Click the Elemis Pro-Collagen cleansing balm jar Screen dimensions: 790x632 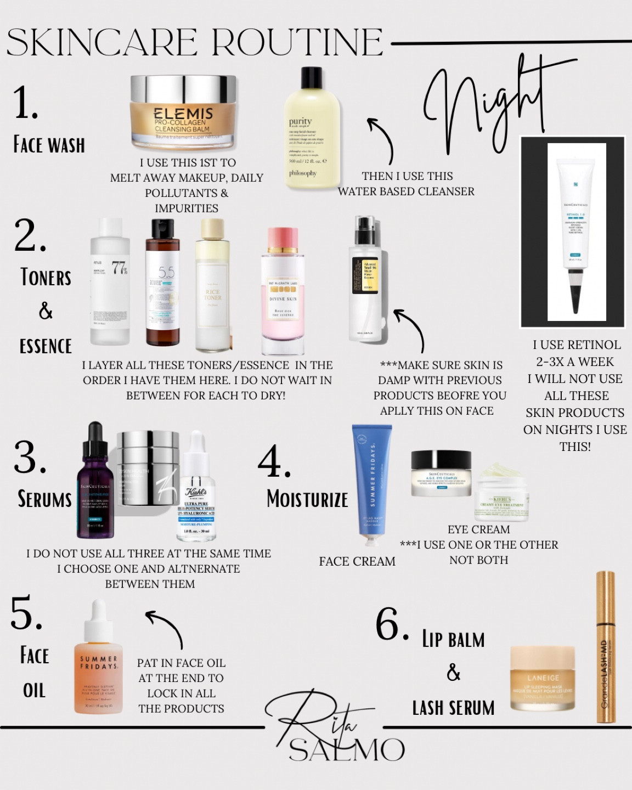tap(183, 114)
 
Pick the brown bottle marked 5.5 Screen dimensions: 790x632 tap(162, 283)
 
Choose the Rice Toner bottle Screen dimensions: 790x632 tap(212, 285)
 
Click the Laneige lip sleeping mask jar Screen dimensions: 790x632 tap(543, 678)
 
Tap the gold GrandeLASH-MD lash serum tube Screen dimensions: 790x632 tap(605, 647)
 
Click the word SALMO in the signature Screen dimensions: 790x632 tap(347, 750)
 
